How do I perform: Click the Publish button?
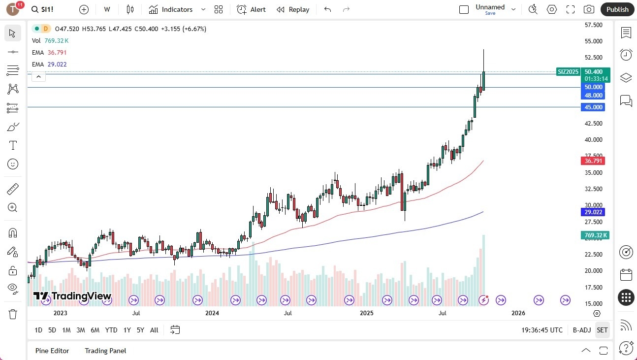(x=617, y=9)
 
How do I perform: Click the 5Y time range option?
(x=140, y=330)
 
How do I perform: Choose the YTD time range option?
(x=111, y=330)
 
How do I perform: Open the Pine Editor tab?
(x=52, y=351)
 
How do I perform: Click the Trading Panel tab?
(x=105, y=351)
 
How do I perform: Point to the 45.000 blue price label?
(x=593, y=107)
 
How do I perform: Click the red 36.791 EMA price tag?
(x=593, y=161)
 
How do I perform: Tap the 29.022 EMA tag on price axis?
(x=593, y=212)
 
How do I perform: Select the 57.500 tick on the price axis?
(x=593, y=25)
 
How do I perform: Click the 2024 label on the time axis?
(x=212, y=313)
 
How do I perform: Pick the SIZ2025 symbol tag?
(x=568, y=72)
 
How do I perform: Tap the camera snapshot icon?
(x=589, y=9)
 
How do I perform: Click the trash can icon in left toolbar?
(x=13, y=314)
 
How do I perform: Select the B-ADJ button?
(x=581, y=330)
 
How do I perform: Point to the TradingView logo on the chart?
(x=72, y=296)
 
